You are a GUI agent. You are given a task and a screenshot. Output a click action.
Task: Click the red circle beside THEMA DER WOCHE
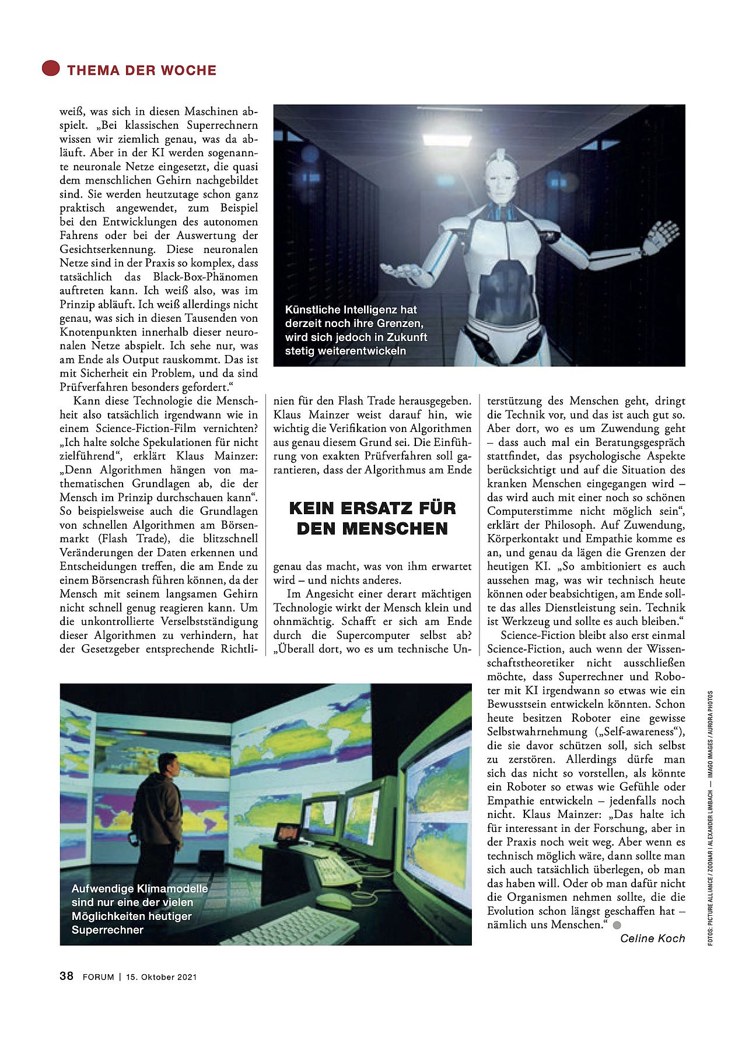51,68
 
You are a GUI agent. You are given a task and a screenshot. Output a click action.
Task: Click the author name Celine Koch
652,938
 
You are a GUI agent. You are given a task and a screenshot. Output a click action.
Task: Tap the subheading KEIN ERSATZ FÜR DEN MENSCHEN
372,518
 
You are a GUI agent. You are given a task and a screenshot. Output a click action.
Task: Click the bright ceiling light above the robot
447,138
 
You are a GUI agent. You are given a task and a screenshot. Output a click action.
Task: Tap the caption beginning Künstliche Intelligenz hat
356,330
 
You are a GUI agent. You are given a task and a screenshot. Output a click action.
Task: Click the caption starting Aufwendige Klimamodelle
139,909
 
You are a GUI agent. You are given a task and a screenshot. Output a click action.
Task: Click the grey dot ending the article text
617,925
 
